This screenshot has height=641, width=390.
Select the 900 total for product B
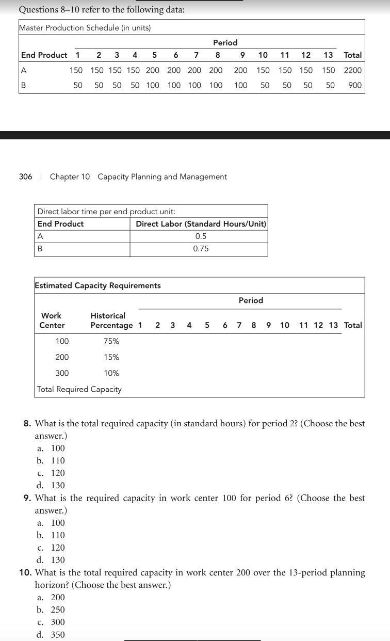coord(355,85)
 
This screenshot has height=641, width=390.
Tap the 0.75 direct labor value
coord(201,249)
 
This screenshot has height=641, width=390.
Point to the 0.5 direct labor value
coord(201,236)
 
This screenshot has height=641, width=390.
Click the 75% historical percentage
coord(111,341)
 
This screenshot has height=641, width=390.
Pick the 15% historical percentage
coord(111,357)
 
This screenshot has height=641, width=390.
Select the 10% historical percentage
coord(111,373)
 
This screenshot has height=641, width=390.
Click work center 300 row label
coord(62,373)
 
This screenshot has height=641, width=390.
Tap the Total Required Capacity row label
coord(79,389)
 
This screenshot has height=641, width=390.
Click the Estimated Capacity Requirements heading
coord(98,285)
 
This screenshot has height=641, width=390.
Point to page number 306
coord(25,177)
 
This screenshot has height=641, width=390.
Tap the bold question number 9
coord(29,499)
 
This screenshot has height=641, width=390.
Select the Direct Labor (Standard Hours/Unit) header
coord(201,224)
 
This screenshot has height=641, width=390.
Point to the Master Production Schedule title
coord(85,28)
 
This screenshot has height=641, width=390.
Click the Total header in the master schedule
coord(353,55)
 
